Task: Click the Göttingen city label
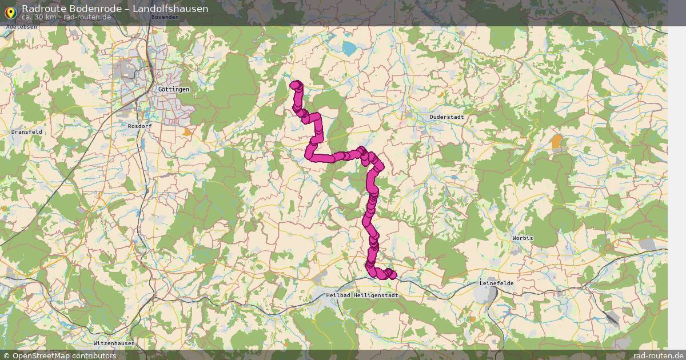pos(174,90)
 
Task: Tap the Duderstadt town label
pos(446,117)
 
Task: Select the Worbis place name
pos(523,238)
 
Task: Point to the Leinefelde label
pos(496,283)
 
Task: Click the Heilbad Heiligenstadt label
pos(361,295)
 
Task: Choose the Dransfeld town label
pos(27,131)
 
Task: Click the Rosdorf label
pos(139,126)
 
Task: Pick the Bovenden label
pos(165,17)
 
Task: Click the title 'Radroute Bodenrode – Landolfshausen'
pos(115,9)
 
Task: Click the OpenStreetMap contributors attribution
pos(64,355)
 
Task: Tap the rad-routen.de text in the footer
pos(659,355)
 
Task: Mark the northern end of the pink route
pos(296,85)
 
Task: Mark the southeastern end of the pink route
pos(392,275)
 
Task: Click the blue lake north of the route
pos(348,49)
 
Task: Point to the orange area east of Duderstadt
pos(557,141)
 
